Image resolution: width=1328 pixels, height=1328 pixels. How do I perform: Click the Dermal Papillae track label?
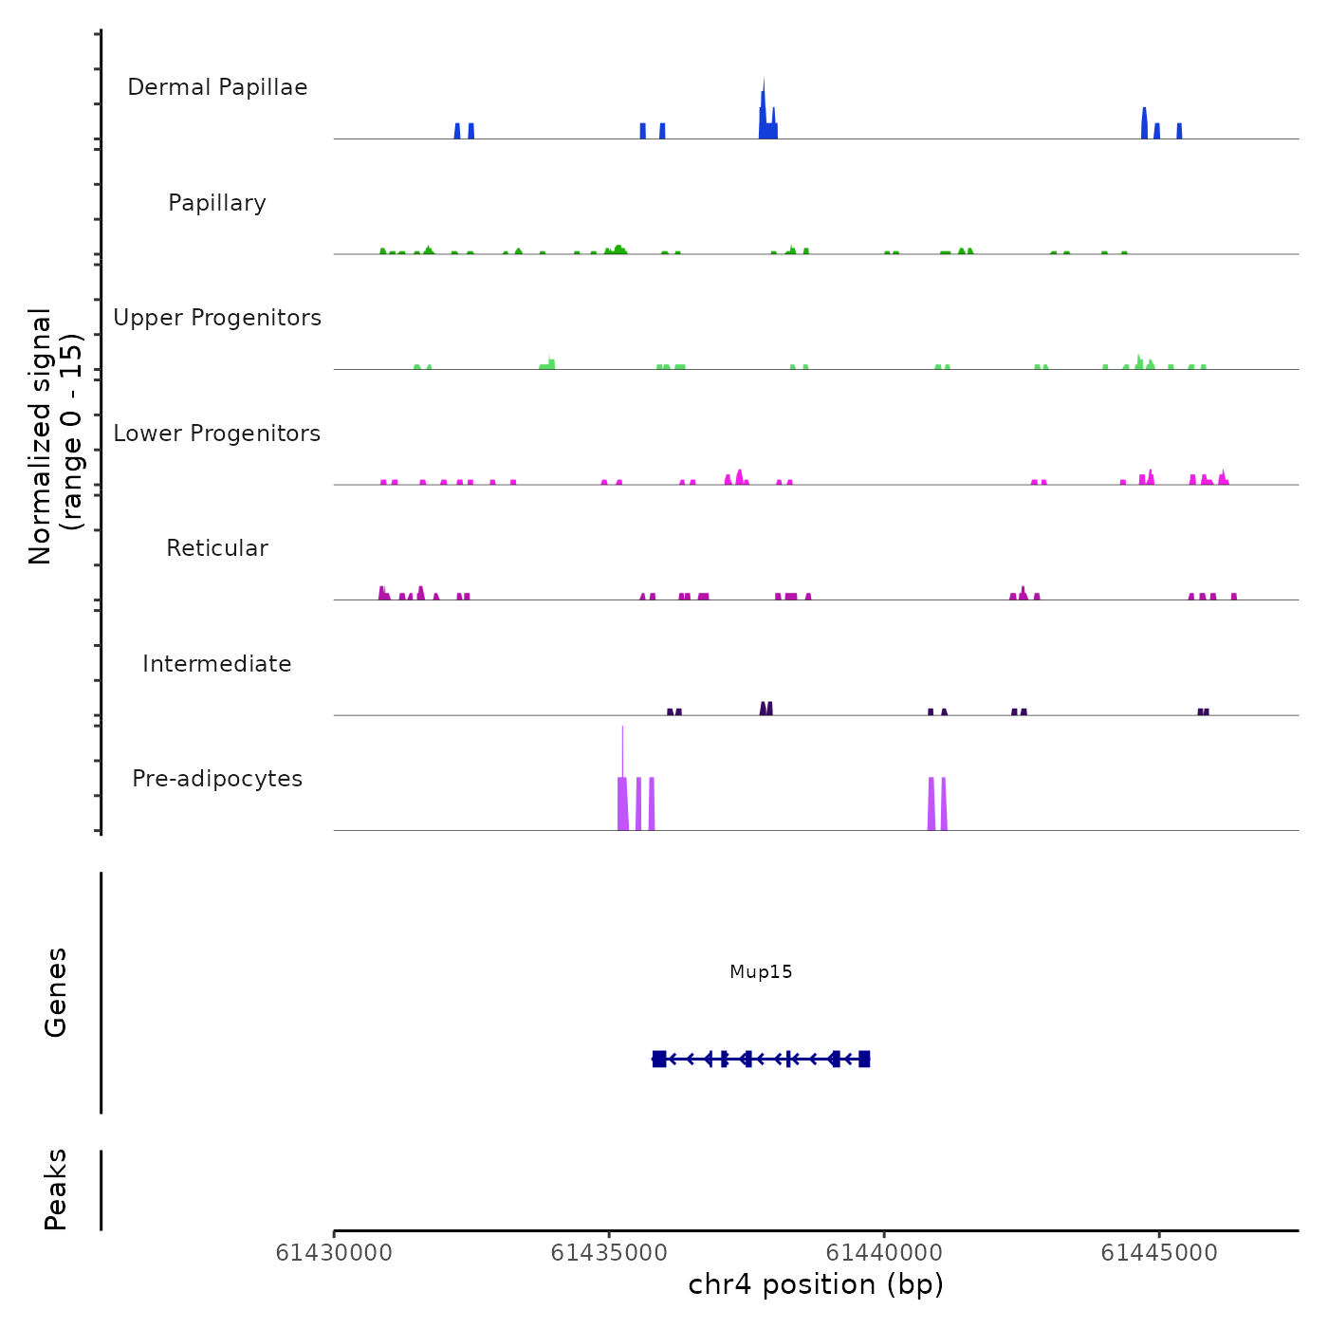click(x=217, y=87)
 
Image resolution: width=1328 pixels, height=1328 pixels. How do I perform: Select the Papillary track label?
click(x=217, y=203)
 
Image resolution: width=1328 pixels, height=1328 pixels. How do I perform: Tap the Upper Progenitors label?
click(x=217, y=318)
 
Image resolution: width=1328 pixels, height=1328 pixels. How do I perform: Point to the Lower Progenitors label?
click(x=217, y=433)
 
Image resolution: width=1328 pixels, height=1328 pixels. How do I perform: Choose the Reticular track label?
click(x=217, y=548)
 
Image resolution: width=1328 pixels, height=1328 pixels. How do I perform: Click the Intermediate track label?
click(x=217, y=664)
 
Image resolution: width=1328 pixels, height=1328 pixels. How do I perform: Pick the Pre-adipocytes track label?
click(x=217, y=779)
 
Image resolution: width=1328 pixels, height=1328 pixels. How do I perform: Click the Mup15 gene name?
click(x=761, y=971)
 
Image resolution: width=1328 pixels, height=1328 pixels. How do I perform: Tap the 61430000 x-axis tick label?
click(x=334, y=1253)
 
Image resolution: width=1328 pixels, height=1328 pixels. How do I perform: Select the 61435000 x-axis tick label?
click(x=609, y=1253)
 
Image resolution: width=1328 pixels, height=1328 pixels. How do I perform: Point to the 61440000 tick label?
click(x=884, y=1253)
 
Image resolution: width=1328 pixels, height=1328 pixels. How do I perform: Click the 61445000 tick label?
click(x=1159, y=1253)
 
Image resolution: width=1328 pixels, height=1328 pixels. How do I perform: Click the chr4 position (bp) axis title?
click(x=816, y=1284)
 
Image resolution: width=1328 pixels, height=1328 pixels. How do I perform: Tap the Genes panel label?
click(x=56, y=992)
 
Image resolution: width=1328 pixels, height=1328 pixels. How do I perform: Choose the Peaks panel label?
click(x=56, y=1190)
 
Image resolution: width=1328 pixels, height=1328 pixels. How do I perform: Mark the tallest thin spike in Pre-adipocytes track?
click(x=622, y=749)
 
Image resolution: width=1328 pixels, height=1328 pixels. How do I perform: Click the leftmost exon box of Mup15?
click(x=659, y=1059)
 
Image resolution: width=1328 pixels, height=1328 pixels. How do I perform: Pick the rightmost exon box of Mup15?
click(x=864, y=1059)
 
